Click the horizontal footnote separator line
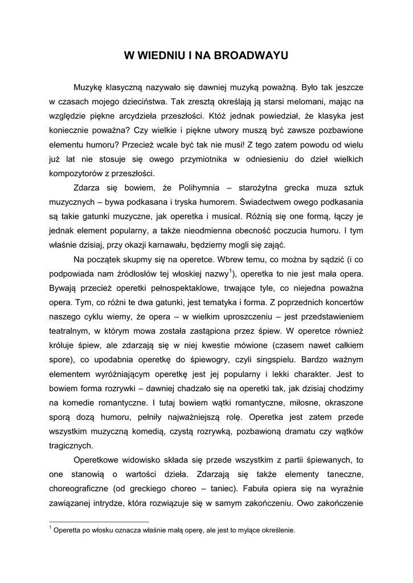tap(99, 521)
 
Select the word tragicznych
tap(70, 446)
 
